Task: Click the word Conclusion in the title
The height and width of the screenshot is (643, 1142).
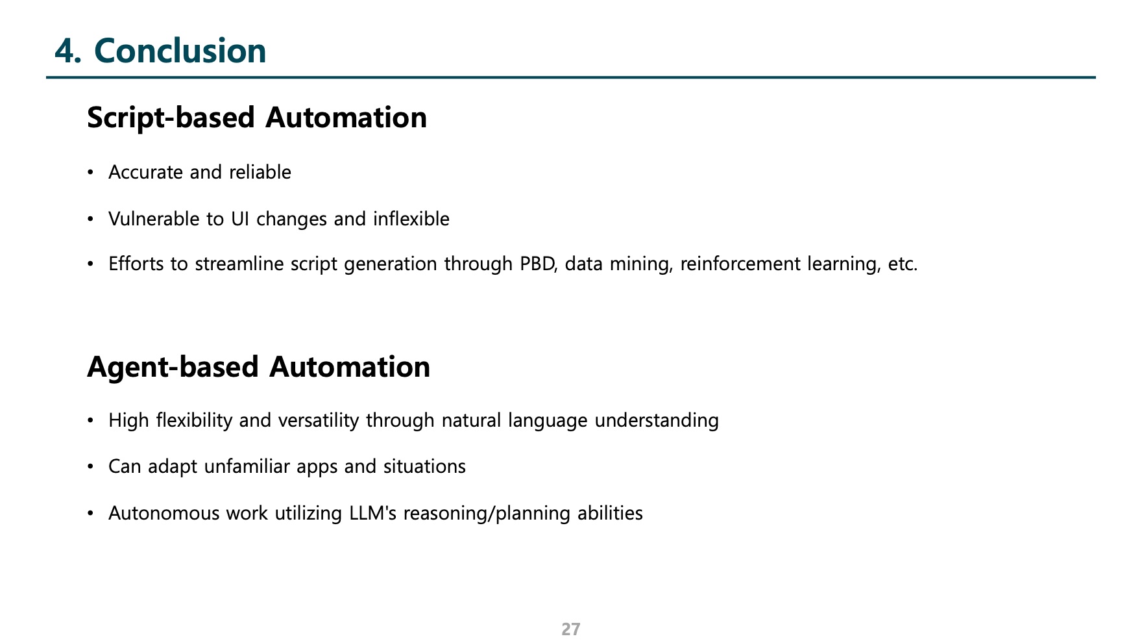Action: coord(180,51)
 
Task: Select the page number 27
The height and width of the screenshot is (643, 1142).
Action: coord(571,629)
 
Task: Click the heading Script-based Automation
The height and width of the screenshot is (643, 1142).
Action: coord(257,118)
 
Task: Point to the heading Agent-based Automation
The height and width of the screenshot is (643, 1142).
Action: coord(258,367)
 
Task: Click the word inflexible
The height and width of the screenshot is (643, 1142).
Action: coord(411,219)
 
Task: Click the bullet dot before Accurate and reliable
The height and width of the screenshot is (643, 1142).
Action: coord(91,173)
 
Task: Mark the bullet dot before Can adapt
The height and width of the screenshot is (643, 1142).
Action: coord(91,468)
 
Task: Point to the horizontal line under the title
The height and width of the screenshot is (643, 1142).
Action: coord(571,78)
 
